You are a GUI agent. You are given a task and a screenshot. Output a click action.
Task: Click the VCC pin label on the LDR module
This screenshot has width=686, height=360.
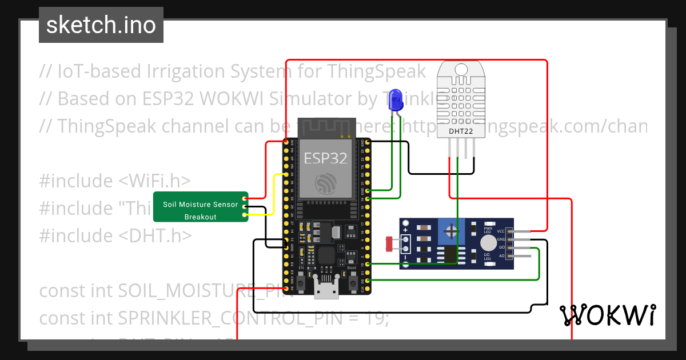coord(501,231)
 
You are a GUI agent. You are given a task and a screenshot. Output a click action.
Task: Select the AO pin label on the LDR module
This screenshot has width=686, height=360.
coord(501,256)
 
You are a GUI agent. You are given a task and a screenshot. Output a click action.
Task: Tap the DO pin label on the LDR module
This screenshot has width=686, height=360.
coord(501,247)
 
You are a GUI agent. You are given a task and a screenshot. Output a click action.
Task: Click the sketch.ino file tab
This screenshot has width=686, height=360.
coord(101,25)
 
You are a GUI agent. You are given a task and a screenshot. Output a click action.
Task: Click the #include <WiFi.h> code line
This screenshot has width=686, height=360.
coord(114,181)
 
